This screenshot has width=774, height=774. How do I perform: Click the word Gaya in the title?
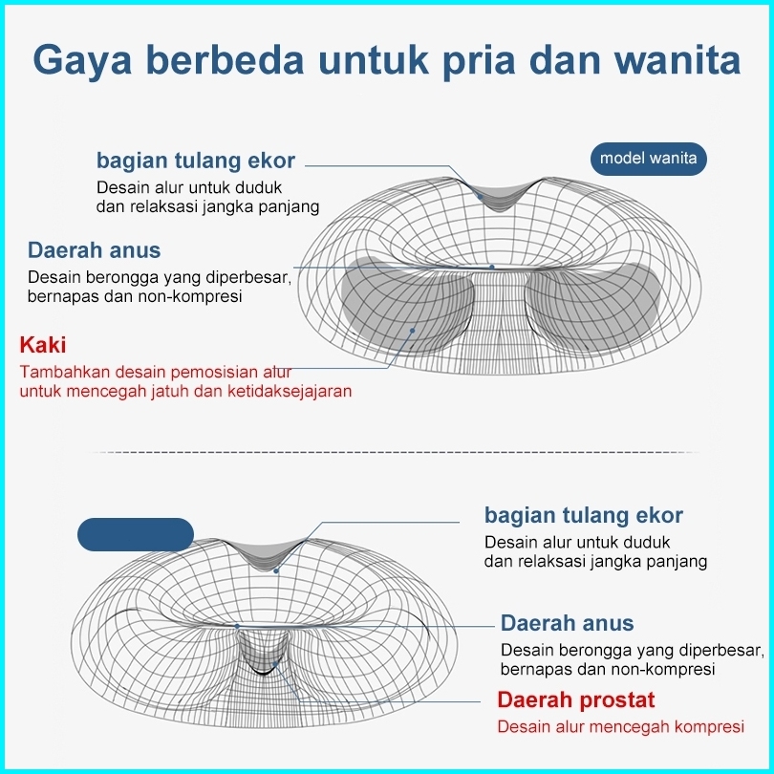coord(82,60)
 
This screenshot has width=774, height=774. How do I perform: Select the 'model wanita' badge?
coord(648,159)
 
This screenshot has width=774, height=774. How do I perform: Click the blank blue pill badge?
coord(136,534)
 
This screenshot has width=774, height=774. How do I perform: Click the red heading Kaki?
coord(43,345)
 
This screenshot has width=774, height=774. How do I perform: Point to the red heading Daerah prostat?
coord(575,700)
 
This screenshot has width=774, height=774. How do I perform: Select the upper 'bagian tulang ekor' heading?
coord(196,161)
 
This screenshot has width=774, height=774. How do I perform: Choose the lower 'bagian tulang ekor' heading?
coord(584,515)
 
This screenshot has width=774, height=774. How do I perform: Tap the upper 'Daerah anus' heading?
coord(95,250)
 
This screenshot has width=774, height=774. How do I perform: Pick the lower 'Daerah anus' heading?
coord(568,623)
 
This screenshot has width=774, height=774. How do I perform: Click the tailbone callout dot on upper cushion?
coord(480,197)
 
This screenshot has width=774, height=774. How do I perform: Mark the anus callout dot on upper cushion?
coord(492,267)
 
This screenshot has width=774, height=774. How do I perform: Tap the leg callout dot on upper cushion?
coord(412,331)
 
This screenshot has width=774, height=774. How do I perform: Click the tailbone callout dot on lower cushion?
coord(276,570)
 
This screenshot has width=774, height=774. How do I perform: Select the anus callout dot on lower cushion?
coord(237,627)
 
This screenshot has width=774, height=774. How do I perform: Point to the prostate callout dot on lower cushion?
coord(275,664)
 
